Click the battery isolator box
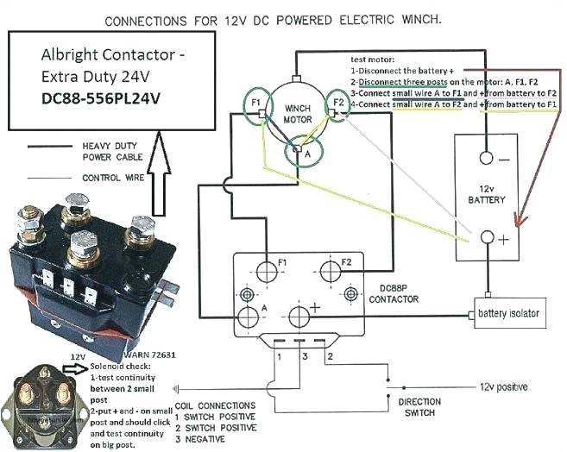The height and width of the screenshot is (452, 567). pyautogui.click(x=508, y=313)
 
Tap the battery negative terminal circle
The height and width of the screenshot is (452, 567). pyautogui.click(x=487, y=158)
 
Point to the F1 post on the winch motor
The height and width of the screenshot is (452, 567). pyautogui.click(x=258, y=112)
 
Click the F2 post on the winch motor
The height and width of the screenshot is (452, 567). pyautogui.click(x=337, y=108)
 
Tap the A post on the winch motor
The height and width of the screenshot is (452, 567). pyautogui.click(x=298, y=152)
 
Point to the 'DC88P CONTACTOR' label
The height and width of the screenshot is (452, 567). pyautogui.click(x=394, y=293)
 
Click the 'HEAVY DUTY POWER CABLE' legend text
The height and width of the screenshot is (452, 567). pyautogui.click(x=114, y=152)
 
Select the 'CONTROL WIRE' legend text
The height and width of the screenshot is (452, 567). pyautogui.click(x=113, y=179)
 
